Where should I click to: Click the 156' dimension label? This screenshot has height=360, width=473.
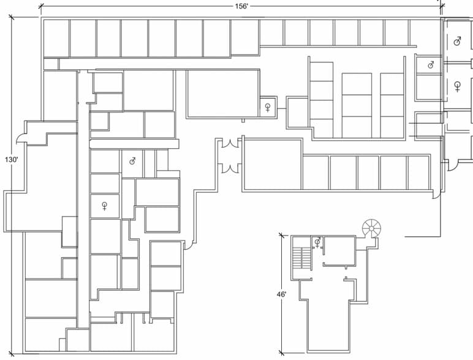[241, 6]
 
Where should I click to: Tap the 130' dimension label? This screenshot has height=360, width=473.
[12, 160]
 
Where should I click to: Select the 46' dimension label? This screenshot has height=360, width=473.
[281, 294]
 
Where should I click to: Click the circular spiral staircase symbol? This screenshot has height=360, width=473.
[371, 228]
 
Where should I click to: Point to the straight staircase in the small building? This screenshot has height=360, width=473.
[302, 258]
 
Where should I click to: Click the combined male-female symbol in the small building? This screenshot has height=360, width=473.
[317, 242]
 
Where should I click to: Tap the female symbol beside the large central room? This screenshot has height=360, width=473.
[268, 107]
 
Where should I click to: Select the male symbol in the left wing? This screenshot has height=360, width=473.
[132, 161]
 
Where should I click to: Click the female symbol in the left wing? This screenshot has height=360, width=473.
[104, 206]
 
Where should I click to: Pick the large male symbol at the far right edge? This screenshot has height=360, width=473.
[457, 41]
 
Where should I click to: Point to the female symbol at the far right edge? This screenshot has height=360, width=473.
[457, 86]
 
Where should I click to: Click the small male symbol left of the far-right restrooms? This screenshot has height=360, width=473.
[431, 64]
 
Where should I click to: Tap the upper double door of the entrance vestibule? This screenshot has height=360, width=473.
[230, 143]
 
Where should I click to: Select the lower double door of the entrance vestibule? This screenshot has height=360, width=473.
[230, 168]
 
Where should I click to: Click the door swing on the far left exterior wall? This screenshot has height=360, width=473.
[20, 138]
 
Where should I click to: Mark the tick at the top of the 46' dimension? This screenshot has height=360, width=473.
[281, 236]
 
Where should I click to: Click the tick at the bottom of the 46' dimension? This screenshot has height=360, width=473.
[281, 352]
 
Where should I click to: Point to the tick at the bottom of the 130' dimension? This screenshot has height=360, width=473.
[12, 353]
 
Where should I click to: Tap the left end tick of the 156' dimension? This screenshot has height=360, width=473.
[41, 6]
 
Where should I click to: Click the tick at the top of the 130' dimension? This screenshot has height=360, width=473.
[12, 17]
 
